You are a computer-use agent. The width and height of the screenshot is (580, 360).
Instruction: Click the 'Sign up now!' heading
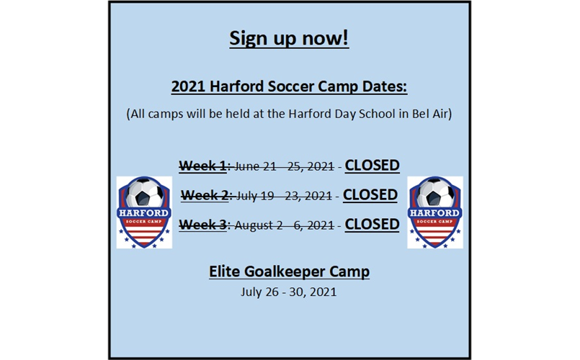click(289, 39)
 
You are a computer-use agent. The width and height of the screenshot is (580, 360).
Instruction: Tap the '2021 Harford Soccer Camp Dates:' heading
click(289, 87)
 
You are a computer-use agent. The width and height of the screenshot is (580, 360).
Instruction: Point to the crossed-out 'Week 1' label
click(203, 166)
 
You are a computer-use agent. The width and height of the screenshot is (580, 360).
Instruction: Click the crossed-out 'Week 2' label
click(205, 195)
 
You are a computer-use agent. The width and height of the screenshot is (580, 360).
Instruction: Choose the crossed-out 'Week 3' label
click(202, 225)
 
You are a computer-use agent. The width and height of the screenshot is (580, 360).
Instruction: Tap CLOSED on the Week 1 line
click(372, 166)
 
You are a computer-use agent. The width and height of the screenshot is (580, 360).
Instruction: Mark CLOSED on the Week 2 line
click(370, 195)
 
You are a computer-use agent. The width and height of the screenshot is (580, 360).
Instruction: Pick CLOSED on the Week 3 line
click(372, 225)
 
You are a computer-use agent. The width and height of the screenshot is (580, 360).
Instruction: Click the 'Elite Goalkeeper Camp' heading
click(289, 271)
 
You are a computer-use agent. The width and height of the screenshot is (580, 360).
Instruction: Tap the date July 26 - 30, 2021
click(289, 292)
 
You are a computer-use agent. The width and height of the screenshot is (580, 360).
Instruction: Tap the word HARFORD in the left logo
click(145, 213)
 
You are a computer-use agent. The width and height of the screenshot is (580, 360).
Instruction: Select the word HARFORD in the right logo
click(435, 213)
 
